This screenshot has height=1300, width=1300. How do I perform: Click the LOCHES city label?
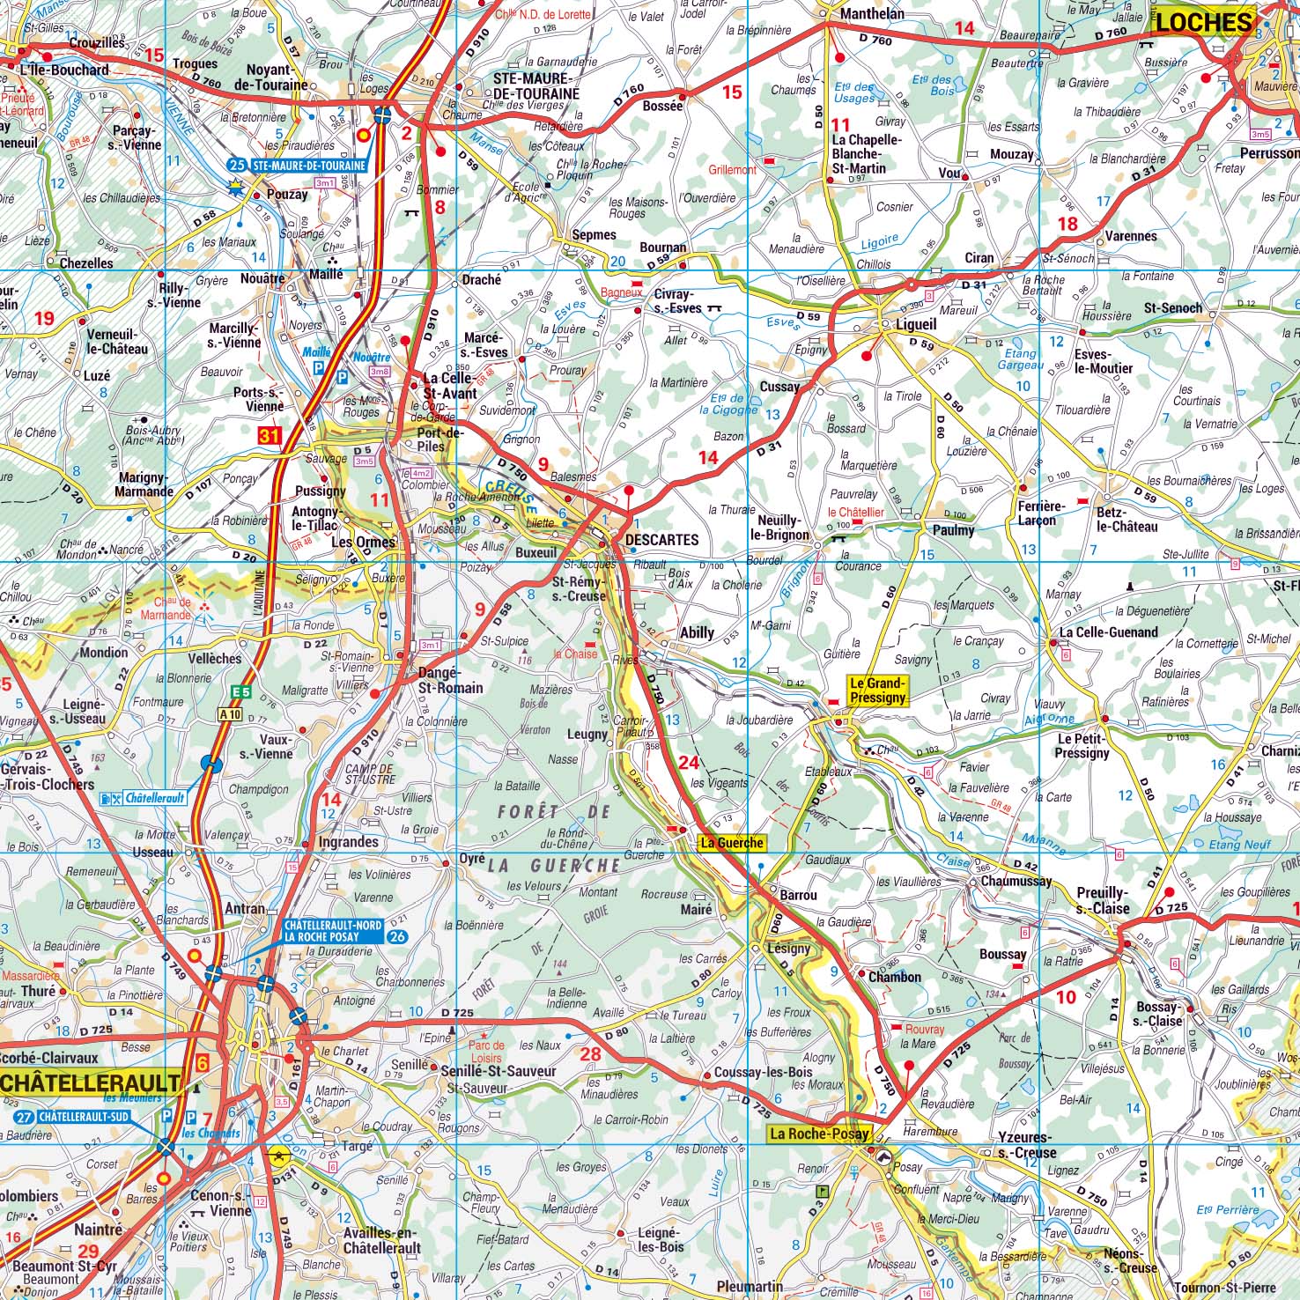click(1203, 23)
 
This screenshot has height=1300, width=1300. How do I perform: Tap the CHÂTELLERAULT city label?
click(91, 1082)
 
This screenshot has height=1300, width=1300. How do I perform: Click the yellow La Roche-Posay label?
click(819, 1134)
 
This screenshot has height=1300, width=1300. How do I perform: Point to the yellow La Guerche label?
click(731, 843)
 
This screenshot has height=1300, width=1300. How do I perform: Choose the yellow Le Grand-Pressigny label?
click(877, 691)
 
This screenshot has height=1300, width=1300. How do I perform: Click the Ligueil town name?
click(915, 324)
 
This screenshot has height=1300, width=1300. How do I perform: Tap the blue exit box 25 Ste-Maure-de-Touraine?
click(298, 165)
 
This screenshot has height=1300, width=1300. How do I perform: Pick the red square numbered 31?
click(269, 435)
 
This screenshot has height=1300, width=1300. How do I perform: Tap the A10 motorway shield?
click(229, 714)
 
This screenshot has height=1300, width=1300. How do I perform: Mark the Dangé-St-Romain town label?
click(450, 680)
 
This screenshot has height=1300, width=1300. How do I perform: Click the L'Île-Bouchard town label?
click(64, 70)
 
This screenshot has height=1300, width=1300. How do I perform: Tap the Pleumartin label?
click(750, 1287)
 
